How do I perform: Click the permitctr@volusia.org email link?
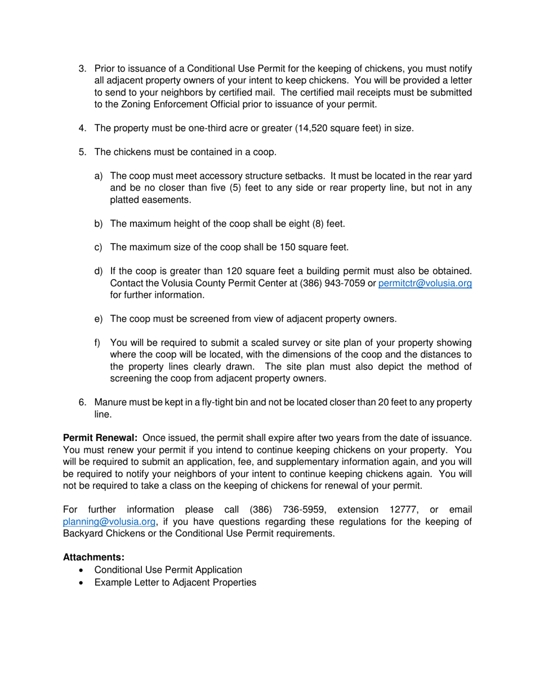tap(425, 284)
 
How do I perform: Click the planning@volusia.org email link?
tap(109, 522)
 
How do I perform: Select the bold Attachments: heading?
tap(93, 557)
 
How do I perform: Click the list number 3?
tap(82, 69)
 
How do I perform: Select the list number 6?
tap(82, 402)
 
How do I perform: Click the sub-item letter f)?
tap(98, 343)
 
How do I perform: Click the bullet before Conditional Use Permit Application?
tap(83, 570)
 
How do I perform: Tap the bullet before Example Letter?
tap(83, 582)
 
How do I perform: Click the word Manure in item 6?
tap(110, 402)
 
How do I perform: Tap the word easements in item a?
tap(168, 200)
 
